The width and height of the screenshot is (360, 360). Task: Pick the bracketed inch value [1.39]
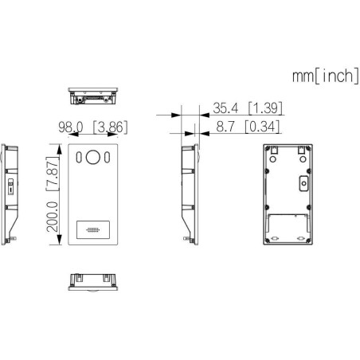(266, 108)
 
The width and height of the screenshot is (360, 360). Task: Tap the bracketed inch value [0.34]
(266, 126)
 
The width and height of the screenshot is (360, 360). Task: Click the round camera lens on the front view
(93, 158)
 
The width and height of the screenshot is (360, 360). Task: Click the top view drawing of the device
(92, 95)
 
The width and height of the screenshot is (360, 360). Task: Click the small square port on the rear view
(303, 184)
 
